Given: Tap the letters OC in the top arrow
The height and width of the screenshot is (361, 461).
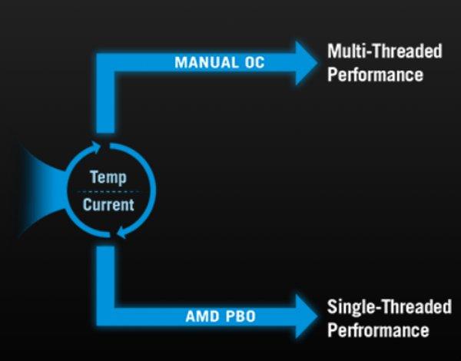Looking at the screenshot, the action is (x=254, y=63).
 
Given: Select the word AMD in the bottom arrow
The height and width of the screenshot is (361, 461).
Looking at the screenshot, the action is (x=203, y=316).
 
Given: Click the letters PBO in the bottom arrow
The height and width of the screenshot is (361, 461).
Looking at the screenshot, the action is (x=240, y=316).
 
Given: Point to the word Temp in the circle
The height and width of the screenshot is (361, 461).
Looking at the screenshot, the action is (x=108, y=177).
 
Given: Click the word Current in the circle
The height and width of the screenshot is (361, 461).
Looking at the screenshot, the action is (x=108, y=204).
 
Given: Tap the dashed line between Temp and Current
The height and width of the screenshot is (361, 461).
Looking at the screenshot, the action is (x=108, y=192).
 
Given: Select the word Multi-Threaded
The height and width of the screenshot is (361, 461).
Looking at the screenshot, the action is (x=385, y=51).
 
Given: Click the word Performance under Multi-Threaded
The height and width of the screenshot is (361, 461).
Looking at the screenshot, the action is (x=375, y=75).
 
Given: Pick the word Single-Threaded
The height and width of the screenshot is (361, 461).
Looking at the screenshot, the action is (x=390, y=306).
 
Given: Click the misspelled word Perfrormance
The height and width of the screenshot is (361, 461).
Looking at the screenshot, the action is (x=378, y=330).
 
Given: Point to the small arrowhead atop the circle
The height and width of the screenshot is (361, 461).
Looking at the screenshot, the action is (x=96, y=147).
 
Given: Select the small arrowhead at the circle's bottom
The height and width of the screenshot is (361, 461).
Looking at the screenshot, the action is (x=122, y=232).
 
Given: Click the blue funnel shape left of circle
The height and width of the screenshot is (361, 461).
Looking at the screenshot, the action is (x=44, y=191).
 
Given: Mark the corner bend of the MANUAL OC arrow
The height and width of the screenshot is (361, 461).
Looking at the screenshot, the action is (x=105, y=63).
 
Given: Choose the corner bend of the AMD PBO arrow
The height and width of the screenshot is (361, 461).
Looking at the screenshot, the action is (x=105, y=316).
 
